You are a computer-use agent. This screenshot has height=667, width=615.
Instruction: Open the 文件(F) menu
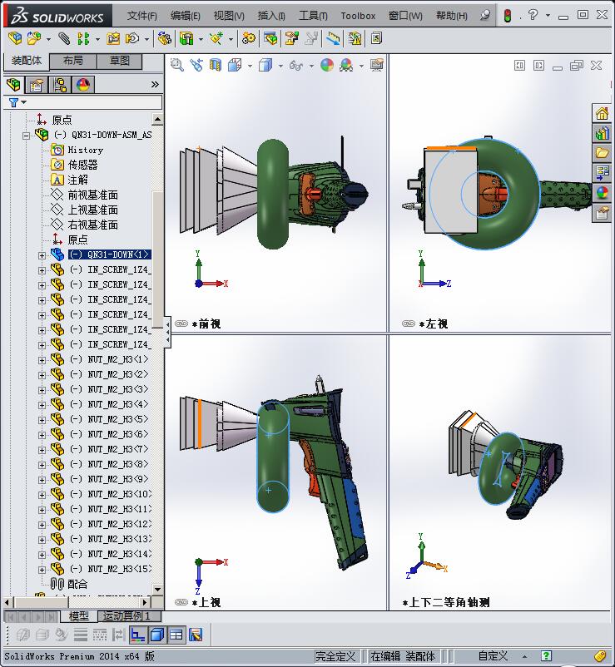[x=142, y=15]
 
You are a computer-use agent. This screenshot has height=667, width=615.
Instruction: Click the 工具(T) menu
[x=313, y=15]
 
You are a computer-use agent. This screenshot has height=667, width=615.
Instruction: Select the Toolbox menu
[x=358, y=15]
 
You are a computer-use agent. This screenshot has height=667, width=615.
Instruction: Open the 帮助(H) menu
[x=451, y=15]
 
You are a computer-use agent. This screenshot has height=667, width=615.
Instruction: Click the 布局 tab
[x=73, y=61]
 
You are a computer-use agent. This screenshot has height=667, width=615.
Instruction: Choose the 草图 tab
[x=120, y=61]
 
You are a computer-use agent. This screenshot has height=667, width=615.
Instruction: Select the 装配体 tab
[x=27, y=61]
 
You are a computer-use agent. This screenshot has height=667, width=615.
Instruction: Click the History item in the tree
[x=86, y=150]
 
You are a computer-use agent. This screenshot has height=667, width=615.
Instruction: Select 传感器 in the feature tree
[x=83, y=165]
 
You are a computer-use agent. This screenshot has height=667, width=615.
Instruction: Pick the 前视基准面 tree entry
[x=93, y=195]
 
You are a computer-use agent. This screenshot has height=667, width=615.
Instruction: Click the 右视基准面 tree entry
[x=93, y=225]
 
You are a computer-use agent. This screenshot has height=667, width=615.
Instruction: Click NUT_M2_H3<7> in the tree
[x=117, y=449]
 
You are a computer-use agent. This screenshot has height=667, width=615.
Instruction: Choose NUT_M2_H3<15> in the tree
[x=119, y=569]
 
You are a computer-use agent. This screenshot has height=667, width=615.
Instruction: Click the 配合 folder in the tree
[x=77, y=584]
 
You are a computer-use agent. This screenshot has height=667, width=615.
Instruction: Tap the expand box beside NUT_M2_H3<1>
[x=42, y=359]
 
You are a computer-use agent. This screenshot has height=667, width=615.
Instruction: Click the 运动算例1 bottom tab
[x=126, y=616]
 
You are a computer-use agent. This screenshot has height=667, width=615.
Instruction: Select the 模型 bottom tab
[x=79, y=616]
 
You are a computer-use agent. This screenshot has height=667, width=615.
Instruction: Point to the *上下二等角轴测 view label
[x=449, y=602]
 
